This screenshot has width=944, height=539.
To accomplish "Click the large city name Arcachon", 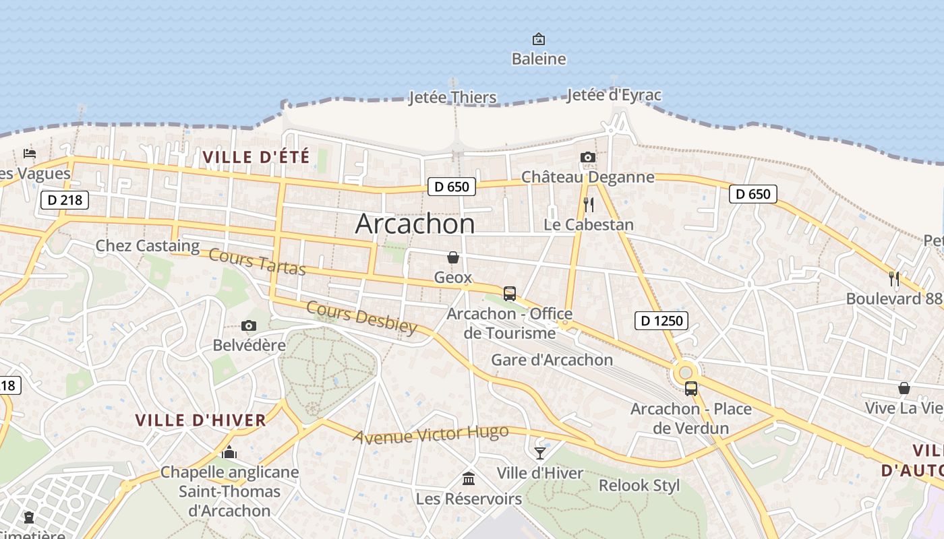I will pos(415,224).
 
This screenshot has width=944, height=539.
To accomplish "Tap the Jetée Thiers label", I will pos(452,98).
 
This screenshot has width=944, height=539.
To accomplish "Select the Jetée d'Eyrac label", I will pos(614,95).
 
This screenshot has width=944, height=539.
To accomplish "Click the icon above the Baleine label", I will pos(538,39).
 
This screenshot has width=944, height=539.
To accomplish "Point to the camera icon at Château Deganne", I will pos(587,158).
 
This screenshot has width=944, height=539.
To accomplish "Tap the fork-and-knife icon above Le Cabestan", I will pos(589,204).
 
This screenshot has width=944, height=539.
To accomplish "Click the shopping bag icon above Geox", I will pos(452,257).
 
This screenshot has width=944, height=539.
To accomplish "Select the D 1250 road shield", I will pos(661,321).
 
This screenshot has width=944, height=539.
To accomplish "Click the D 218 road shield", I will pos(65,199).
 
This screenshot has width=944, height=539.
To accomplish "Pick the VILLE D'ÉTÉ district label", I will pos(256,158).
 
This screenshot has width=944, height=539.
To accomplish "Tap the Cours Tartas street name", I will pos(257,261).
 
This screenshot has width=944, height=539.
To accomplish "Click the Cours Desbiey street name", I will pos(361,317).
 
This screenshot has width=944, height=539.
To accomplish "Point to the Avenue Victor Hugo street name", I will pos(432,435).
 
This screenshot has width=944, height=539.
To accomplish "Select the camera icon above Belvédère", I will pos(249,326).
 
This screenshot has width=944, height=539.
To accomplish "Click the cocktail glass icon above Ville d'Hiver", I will pos(540,453).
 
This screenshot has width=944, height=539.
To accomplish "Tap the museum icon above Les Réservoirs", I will pos(469,478).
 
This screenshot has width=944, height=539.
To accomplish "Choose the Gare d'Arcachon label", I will pos(552,360).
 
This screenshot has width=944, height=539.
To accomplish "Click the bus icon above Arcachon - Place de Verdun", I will pos(691,388).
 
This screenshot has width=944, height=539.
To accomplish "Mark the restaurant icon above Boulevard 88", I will pos(894,278).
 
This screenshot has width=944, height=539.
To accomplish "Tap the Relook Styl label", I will pos(639,485).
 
